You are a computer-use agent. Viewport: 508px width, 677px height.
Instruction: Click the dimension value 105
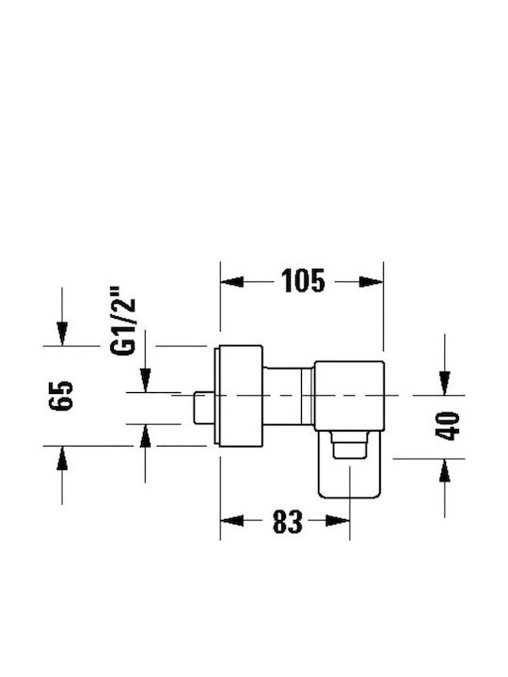coord(302,281)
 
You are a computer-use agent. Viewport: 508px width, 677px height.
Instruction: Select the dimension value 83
coord(287,522)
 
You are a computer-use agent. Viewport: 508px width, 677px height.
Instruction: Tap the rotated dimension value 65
coord(61,396)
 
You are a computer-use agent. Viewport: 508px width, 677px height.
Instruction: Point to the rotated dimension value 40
coord(448,427)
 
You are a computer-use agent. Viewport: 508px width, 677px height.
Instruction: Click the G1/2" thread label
coord(123,321)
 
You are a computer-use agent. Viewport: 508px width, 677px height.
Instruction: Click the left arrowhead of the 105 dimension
coord(232,282)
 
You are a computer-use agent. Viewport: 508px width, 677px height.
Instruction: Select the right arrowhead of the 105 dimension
coord(372,282)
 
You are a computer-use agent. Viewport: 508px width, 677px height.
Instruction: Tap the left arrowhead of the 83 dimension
coord(232,521)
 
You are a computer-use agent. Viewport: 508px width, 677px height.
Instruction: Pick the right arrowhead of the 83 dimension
coord(338,521)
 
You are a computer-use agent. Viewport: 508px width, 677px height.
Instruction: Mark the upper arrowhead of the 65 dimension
coord(62,334)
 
